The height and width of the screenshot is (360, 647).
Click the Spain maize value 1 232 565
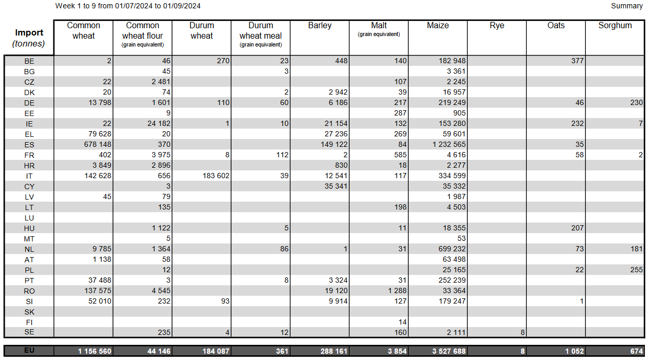[449, 144]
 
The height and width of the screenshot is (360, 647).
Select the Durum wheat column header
[202, 31]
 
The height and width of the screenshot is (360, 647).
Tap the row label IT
[29, 176]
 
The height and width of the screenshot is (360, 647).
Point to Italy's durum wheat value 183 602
[216, 176]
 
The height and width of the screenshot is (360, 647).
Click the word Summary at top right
[627, 6]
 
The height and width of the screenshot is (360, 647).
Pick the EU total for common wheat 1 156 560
[95, 351]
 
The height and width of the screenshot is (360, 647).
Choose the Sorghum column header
[615, 26]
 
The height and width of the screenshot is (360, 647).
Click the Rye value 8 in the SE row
[523, 333]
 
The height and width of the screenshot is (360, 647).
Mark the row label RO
[29, 291]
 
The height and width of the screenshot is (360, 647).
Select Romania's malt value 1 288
[397, 291]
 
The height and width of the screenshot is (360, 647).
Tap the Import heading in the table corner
[29, 32]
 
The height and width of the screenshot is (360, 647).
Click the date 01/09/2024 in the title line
[182, 6]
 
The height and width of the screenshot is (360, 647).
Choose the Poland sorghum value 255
[637, 270]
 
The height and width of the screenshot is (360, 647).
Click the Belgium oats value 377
[577, 61]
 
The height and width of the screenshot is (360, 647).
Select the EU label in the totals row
[29, 351]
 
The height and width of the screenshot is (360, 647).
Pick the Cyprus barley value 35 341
[336, 186]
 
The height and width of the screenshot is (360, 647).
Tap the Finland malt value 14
[402, 322]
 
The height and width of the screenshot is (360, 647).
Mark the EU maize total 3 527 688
[449, 351]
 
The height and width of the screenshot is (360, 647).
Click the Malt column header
[379, 26]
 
